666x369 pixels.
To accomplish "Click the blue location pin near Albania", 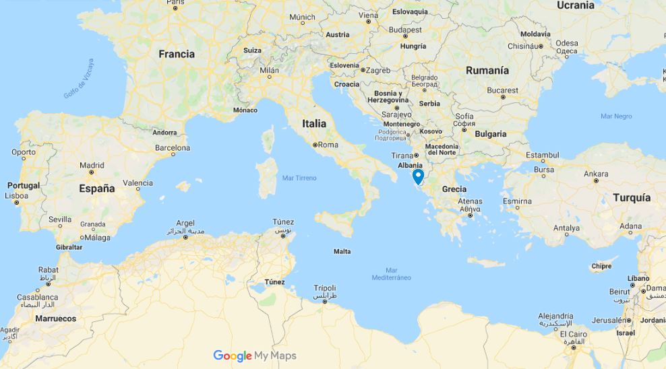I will tap(418, 176).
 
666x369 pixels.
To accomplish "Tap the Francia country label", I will tap(177, 54).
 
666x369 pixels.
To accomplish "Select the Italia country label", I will tap(314, 123).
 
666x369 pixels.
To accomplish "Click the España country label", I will tap(97, 189).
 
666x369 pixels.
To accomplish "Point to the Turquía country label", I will tap(632, 197).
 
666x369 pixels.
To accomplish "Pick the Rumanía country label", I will tap(487, 70).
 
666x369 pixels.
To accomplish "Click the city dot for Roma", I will tap(315, 145).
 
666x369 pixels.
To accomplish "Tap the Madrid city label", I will tap(92, 165).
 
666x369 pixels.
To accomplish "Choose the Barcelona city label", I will tap(173, 148).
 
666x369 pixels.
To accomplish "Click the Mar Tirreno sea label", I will tap(299, 178).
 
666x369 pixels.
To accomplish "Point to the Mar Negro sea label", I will tap(616, 116).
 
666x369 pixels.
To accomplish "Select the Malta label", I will tap(342, 252).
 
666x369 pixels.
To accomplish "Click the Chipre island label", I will tap(601, 266).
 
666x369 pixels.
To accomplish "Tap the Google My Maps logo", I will tap(254, 356).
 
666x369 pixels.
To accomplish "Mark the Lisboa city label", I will tap(16, 195).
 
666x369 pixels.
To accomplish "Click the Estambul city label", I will tap(543, 155).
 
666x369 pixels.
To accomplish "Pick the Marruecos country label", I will tap(56, 318).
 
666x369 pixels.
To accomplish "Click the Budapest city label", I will tap(406, 30).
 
